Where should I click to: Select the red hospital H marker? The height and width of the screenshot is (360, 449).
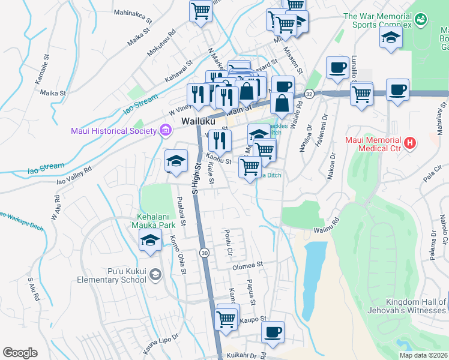409,143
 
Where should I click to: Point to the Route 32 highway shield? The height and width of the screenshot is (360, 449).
309,94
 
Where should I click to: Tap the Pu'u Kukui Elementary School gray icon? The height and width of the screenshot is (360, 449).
156,275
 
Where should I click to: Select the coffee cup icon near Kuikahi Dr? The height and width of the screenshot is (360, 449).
273,332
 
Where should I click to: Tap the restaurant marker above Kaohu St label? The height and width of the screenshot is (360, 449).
220,140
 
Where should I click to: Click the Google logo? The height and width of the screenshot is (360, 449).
20,353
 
